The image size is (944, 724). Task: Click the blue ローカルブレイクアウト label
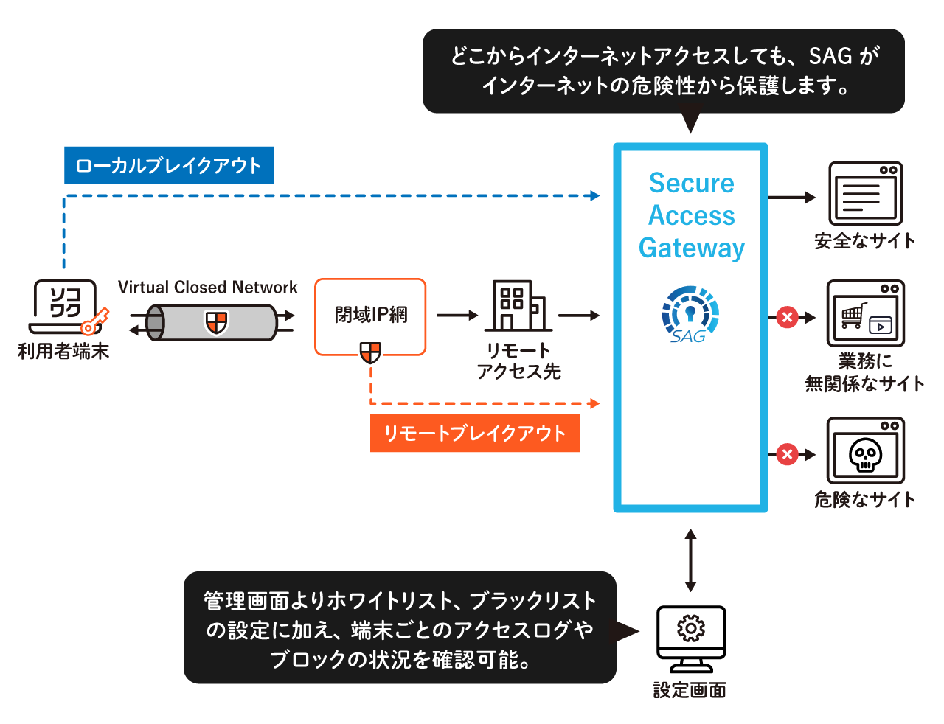168,165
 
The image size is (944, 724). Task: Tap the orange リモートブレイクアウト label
474,434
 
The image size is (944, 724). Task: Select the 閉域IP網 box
370,316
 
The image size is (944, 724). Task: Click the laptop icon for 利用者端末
65,306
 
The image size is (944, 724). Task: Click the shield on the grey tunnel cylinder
216,322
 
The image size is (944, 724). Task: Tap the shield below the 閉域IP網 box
370,352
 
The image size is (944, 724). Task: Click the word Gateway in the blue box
691,248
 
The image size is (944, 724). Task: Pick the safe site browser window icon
865,194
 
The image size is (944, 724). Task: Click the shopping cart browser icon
865,313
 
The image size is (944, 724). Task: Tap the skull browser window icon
865,450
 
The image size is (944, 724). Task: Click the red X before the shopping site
787,318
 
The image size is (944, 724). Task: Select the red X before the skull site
787,454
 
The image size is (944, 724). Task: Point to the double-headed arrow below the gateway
690,560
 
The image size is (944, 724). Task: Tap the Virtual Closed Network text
207,288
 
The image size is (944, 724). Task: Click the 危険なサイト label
864,500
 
